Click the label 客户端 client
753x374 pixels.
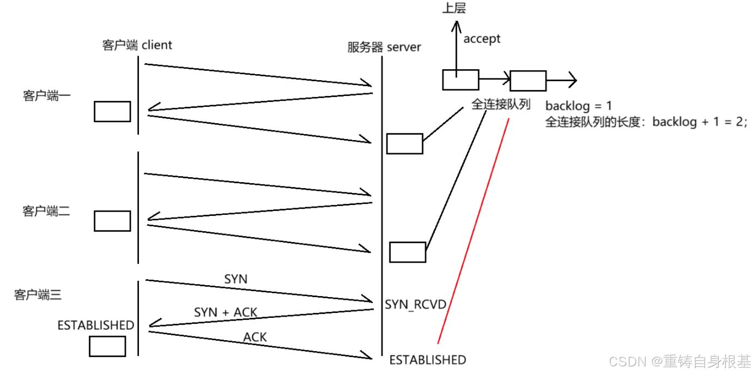tap(137, 45)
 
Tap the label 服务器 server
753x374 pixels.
tap(384, 47)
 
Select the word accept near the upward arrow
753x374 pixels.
tap(482, 39)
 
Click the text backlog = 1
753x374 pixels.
tap(579, 106)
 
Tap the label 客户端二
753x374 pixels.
tap(46, 211)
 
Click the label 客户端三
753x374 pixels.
tap(38, 295)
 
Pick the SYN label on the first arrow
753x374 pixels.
tap(235, 279)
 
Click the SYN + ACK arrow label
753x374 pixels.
tap(226, 312)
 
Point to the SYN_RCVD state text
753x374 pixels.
tap(416, 304)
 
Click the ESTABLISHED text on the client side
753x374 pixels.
tap(95, 325)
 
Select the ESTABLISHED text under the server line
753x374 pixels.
tap(427, 360)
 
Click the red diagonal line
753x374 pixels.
tap(473, 229)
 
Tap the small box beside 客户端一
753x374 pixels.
tap(112, 111)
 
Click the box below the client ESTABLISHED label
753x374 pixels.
tap(107, 346)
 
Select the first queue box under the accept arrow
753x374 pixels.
tap(460, 80)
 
